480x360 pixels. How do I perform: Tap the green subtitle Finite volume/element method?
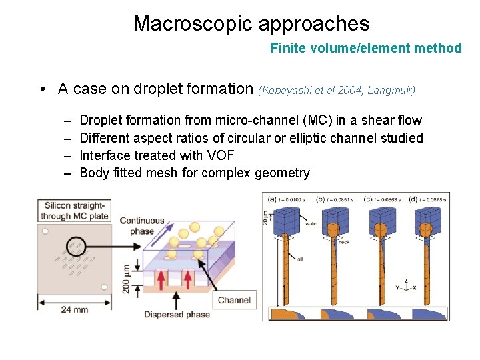(x=366, y=48)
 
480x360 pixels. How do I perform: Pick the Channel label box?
(x=234, y=300)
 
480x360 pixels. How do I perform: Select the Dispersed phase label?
(x=177, y=315)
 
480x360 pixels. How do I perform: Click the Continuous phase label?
(x=142, y=226)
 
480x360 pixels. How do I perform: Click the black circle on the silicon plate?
(x=75, y=245)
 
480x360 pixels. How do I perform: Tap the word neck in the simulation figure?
(x=343, y=242)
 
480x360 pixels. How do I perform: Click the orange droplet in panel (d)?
(x=426, y=231)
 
